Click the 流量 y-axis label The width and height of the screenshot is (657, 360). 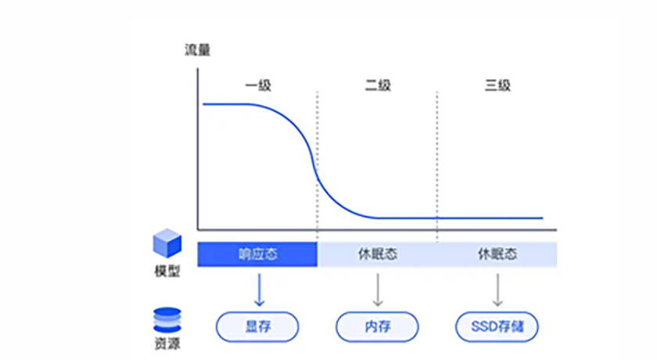pyautogui.click(x=197, y=52)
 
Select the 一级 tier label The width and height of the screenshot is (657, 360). pyautogui.click(x=258, y=85)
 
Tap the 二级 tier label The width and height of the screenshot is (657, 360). pyautogui.click(x=378, y=85)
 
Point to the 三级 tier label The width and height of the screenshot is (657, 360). pyautogui.click(x=497, y=85)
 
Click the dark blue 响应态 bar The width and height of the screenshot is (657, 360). pyautogui.click(x=257, y=254)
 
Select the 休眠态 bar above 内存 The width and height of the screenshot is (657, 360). pyautogui.click(x=378, y=254)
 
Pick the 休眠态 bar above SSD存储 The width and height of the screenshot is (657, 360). pyautogui.click(x=497, y=254)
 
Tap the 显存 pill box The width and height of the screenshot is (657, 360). pyautogui.click(x=257, y=326)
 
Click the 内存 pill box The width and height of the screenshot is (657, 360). pyautogui.click(x=378, y=326)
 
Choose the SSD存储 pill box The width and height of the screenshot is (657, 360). pyautogui.click(x=497, y=326)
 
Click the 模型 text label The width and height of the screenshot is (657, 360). pyautogui.click(x=167, y=272)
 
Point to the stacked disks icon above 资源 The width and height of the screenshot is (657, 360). pyautogui.click(x=167, y=319)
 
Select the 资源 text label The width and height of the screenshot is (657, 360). pyautogui.click(x=167, y=344)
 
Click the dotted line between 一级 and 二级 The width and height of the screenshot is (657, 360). pyautogui.click(x=318, y=157)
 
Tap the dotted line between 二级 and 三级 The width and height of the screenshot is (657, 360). pyautogui.click(x=437, y=157)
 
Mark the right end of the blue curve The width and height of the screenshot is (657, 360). pyautogui.click(x=541, y=218)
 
